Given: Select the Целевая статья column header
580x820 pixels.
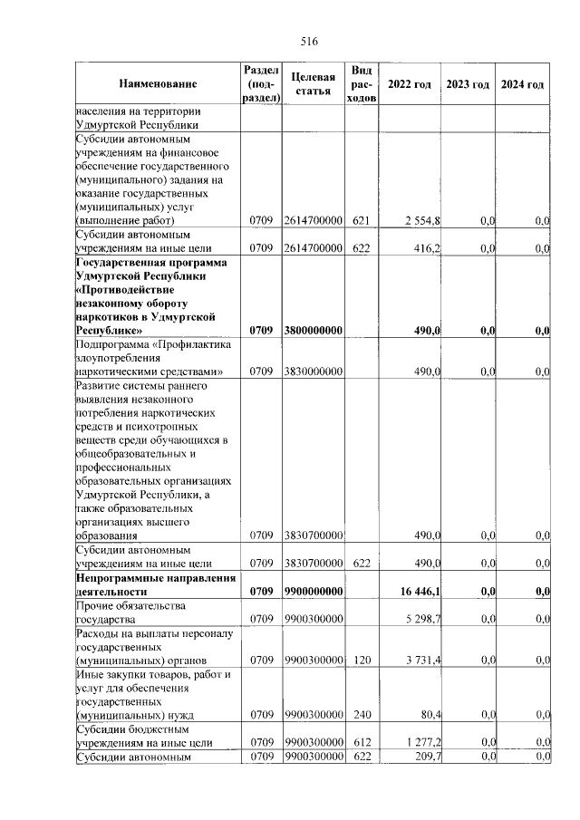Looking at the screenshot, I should [314, 84].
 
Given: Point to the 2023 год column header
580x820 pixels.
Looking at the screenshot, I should [468, 84].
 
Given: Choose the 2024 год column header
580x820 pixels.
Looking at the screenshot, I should [522, 84].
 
